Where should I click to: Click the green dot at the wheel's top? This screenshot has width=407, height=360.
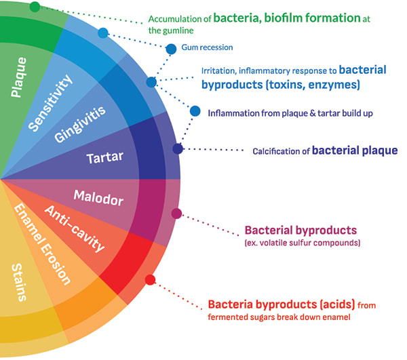[35, 6]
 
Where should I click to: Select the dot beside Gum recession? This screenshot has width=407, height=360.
[172, 48]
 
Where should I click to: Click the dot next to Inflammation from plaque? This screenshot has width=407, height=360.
[195, 111]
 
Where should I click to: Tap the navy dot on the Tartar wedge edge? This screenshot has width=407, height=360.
[178, 148]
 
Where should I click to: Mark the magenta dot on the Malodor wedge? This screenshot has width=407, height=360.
[177, 214]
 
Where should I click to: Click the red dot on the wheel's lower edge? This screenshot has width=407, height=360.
[151, 279]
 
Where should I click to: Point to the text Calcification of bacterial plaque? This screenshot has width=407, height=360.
[324, 150]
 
